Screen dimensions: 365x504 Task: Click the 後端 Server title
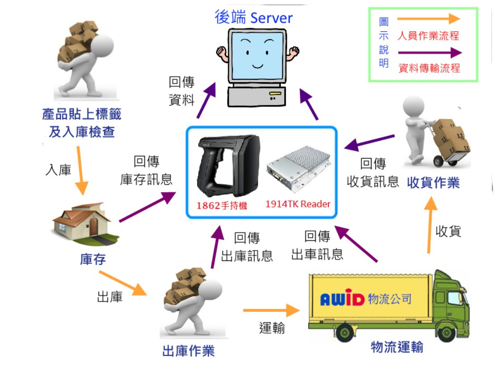[x=253, y=17]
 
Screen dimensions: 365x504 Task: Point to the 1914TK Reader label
[x=298, y=204]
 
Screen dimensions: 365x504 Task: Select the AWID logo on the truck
[x=343, y=299]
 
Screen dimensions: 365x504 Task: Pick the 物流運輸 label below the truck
[x=397, y=347]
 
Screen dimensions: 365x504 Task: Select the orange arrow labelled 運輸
[x=271, y=310]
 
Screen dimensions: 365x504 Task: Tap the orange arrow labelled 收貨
[x=430, y=225]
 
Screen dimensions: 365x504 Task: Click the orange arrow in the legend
[x=428, y=19]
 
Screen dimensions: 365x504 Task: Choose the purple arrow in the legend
[x=428, y=53]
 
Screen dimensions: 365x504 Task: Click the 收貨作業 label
[x=433, y=183]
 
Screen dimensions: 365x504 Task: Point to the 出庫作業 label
[x=188, y=351]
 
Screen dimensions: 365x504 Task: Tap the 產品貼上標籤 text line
[x=81, y=114]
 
